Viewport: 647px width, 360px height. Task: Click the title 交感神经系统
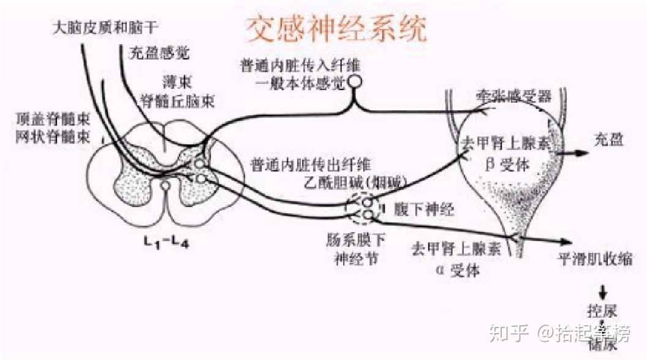[335, 28]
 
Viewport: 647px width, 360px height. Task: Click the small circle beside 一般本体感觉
[355, 81]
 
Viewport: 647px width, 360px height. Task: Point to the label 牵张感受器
[514, 97]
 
